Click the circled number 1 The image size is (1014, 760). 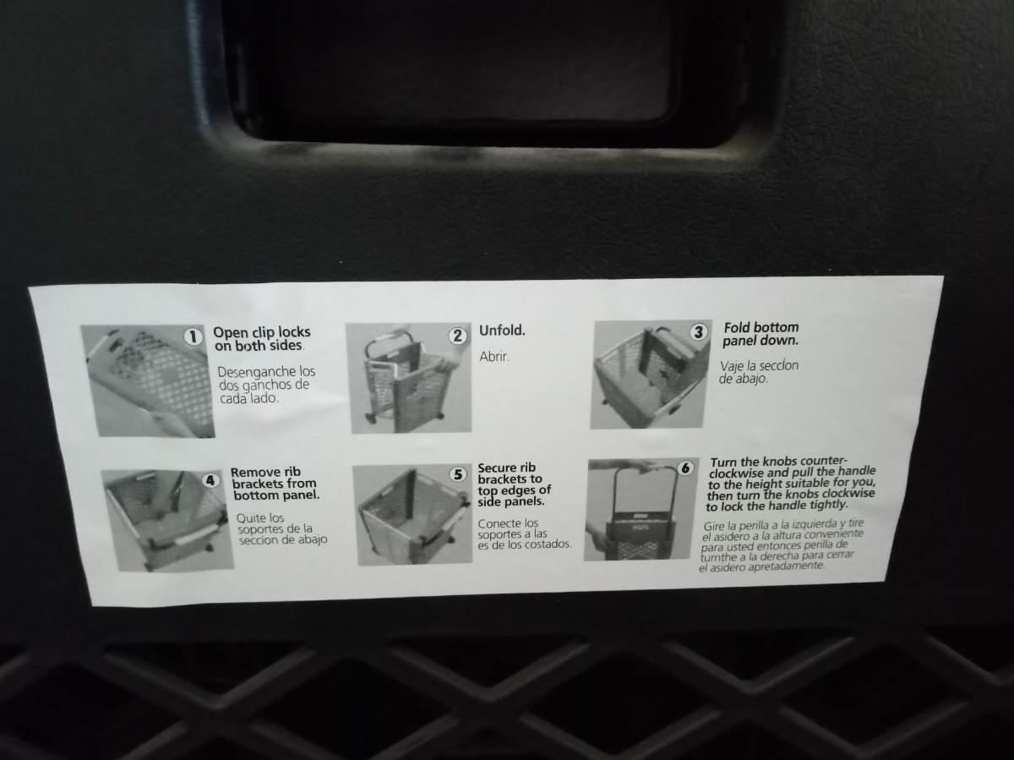[x=194, y=336]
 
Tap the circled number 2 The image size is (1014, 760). [x=457, y=336]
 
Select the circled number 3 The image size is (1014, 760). [x=699, y=331]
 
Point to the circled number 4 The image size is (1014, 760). [x=210, y=480]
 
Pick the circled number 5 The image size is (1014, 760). [x=458, y=474]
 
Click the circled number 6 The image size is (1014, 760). [x=685, y=468]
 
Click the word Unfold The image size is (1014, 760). [x=502, y=331]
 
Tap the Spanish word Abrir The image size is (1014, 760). [x=494, y=357]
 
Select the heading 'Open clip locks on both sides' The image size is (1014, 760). [x=261, y=339]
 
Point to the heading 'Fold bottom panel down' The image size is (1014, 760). [x=760, y=334]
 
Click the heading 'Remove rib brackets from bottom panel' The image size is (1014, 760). [x=275, y=484]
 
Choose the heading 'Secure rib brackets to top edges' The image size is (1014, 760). [x=514, y=484]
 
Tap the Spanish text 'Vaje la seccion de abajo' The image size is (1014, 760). [x=759, y=372]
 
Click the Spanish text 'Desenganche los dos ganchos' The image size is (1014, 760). [x=265, y=385]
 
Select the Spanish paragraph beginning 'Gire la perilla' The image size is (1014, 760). [x=782, y=545]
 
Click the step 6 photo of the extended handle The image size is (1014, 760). [x=641, y=509]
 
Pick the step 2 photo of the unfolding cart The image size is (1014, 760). [x=409, y=378]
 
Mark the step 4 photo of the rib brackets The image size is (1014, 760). [x=167, y=521]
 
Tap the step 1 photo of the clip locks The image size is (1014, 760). [x=148, y=381]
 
